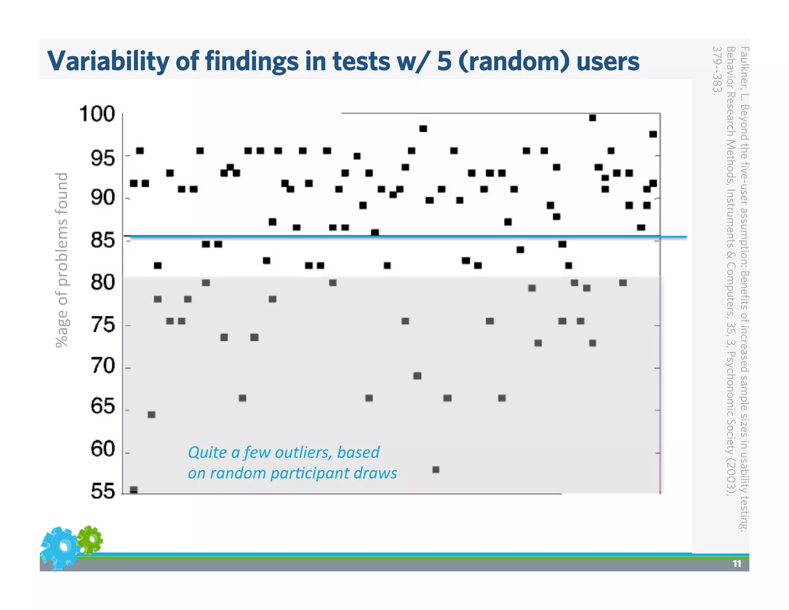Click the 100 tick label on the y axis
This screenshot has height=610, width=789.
click(97, 114)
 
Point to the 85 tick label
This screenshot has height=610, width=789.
click(103, 240)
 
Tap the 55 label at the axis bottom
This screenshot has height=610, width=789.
click(103, 491)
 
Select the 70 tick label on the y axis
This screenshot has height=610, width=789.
click(103, 366)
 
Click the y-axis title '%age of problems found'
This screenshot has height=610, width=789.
click(62, 260)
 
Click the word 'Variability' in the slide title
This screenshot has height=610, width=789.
click(108, 62)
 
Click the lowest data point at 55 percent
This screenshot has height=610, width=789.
click(134, 490)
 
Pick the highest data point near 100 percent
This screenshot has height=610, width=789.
click(593, 118)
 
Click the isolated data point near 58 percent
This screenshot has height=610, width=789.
click(436, 469)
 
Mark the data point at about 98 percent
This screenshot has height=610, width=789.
click(423, 128)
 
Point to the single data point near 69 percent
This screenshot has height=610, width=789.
click(417, 376)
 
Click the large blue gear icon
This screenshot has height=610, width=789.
click(60, 548)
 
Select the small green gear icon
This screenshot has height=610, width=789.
click(90, 539)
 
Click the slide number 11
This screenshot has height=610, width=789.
click(737, 564)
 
